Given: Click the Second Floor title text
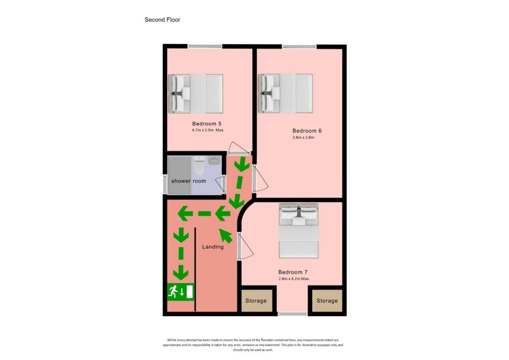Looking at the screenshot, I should (162, 20).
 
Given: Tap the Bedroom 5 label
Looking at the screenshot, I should (207, 123).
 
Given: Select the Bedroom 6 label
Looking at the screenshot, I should (307, 131).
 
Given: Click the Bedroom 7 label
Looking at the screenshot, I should (293, 272).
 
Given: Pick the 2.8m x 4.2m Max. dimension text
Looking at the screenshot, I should (294, 279).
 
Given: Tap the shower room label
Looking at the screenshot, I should (188, 181).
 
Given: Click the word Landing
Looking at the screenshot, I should (213, 247).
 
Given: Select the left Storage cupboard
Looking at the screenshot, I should (256, 301).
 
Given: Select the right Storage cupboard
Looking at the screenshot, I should (327, 301).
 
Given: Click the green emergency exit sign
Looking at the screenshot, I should (180, 291).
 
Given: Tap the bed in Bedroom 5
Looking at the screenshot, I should (196, 93).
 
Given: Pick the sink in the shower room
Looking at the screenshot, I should (214, 161).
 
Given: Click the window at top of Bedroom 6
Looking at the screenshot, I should (299, 47).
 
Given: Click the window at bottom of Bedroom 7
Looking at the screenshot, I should (292, 313).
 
